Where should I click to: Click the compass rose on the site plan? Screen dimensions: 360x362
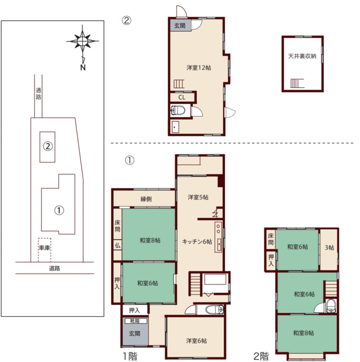(x=83, y=41)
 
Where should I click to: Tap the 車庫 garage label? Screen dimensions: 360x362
(x=45, y=248)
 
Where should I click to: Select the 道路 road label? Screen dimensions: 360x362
(x=54, y=268)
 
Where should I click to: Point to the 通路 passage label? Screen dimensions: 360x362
(x=38, y=93)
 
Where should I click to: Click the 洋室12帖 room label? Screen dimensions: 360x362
(x=198, y=67)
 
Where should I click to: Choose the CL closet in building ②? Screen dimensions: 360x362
(x=182, y=97)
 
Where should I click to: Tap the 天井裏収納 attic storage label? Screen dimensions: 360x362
(x=302, y=56)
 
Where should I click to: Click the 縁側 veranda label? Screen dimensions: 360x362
(x=146, y=199)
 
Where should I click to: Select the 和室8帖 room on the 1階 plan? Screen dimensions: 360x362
(x=149, y=235)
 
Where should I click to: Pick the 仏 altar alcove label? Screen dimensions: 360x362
(x=118, y=245)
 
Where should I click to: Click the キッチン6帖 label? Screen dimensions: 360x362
(x=197, y=242)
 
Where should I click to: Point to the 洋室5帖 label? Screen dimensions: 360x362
(x=198, y=197)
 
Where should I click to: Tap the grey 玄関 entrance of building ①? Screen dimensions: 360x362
(x=135, y=331)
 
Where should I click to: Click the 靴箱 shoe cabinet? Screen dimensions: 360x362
(x=136, y=321)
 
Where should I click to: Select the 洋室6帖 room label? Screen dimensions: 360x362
(x=196, y=341)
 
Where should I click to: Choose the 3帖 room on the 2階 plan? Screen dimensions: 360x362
(x=329, y=249)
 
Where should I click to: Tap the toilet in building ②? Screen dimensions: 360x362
(x=178, y=110)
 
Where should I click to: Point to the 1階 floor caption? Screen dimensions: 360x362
(x=130, y=356)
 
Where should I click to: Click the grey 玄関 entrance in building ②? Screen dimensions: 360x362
(x=180, y=25)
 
